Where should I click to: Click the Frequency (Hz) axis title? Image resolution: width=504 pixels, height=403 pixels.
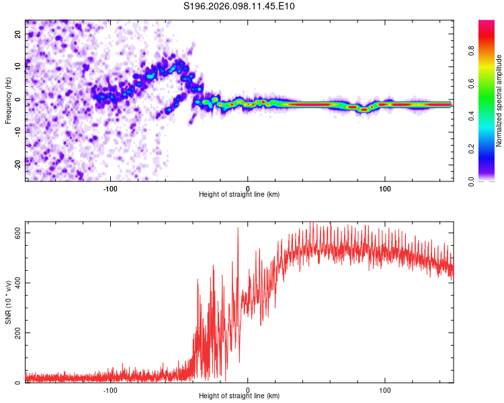[x=8, y=99]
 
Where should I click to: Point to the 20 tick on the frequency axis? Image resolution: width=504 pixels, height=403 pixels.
[x=18, y=35]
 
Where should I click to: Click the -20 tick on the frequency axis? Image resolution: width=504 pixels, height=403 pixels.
[x=18, y=163]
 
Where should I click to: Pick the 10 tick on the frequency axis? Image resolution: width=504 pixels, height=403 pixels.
[x=18, y=67]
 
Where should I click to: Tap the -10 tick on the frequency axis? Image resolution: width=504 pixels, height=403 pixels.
[x=18, y=131]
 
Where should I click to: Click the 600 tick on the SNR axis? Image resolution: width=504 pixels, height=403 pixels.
[x=18, y=232]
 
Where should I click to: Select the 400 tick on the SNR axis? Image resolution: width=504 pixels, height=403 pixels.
[x=18, y=283]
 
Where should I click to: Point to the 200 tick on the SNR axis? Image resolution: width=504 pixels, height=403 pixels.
[x=18, y=333]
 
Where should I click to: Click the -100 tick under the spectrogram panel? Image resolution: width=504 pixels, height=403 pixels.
[x=110, y=187]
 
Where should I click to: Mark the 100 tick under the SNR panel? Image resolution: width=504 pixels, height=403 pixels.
[x=385, y=390]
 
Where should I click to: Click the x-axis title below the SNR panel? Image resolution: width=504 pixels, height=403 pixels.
[x=239, y=396]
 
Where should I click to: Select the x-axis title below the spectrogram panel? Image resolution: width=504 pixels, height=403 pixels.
[x=239, y=194]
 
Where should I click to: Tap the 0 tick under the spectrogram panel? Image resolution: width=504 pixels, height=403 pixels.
[x=247, y=187]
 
